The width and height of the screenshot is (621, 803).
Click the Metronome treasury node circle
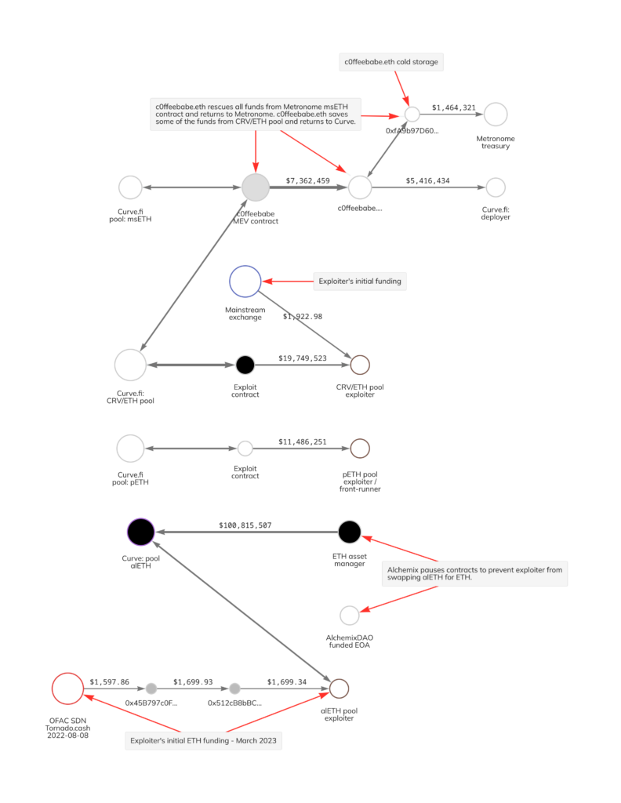496,114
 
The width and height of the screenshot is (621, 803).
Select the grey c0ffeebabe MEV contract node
256,187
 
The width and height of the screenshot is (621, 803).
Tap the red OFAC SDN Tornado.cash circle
67,689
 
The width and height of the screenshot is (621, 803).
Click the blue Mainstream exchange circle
245,282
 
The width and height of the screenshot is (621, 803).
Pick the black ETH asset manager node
350,532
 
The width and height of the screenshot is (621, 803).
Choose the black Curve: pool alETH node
141,532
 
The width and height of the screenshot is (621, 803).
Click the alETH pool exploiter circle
339,689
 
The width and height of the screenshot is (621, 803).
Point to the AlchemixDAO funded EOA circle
350,616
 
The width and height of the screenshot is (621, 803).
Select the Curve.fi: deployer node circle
496,187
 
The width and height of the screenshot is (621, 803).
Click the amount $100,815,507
245,525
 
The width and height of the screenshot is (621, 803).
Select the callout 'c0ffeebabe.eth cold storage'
391,61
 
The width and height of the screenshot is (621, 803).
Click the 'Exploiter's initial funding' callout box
360,282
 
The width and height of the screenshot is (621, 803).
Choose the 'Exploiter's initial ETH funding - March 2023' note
203,739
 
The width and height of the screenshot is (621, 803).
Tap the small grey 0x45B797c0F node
151,689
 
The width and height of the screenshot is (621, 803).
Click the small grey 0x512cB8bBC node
234,689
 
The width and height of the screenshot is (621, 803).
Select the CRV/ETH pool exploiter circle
360,365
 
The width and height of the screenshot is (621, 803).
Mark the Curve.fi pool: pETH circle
130,449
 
